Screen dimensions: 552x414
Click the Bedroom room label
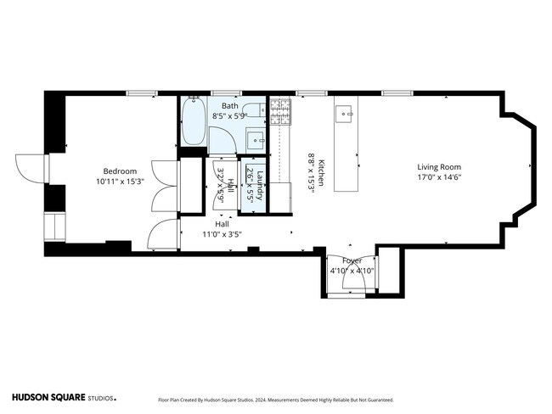(x=120, y=171)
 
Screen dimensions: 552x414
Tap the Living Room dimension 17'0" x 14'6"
(x=439, y=177)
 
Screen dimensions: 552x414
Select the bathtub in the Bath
(x=194, y=120)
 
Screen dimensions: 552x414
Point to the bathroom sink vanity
(x=256, y=140)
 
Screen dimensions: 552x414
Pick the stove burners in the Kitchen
(x=280, y=111)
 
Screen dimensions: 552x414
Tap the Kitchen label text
(x=321, y=173)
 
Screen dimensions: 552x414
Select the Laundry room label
(x=260, y=186)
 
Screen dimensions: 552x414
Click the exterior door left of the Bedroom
(x=31, y=169)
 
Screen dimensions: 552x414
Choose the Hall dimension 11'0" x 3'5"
(x=222, y=234)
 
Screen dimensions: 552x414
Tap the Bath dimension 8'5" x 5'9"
(x=230, y=115)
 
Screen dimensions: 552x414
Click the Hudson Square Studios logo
(x=64, y=398)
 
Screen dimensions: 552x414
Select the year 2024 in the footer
(x=260, y=400)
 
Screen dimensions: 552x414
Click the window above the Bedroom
(x=142, y=93)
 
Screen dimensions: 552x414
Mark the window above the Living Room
(x=397, y=93)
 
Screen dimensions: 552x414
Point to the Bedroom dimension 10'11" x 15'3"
(x=120, y=182)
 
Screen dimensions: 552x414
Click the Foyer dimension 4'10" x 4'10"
(x=352, y=271)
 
